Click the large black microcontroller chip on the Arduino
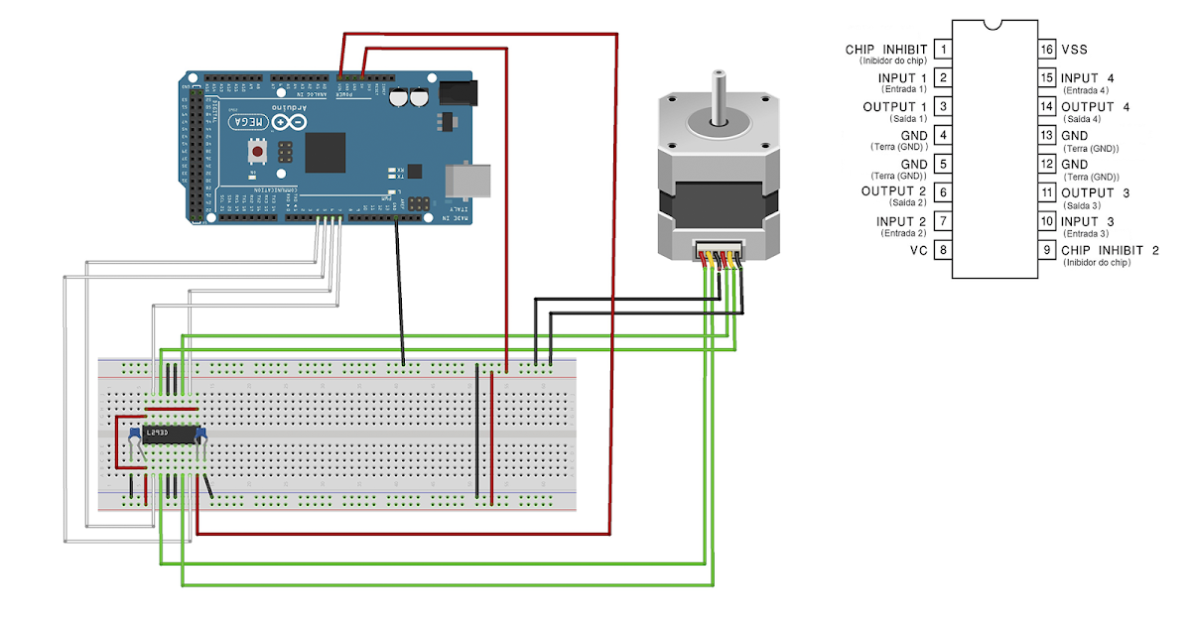pyautogui.click(x=325, y=153)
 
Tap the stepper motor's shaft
pyautogui.click(x=716, y=95)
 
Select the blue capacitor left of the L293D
pyautogui.click(x=133, y=435)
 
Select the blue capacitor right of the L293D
pyautogui.click(x=199, y=433)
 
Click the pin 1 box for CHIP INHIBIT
pyautogui.click(x=943, y=49)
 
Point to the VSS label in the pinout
pyautogui.click(x=1074, y=49)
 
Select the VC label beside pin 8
pyautogui.click(x=918, y=251)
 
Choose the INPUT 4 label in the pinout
pyautogui.click(x=1087, y=77)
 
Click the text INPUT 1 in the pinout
pyautogui.click(x=902, y=77)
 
